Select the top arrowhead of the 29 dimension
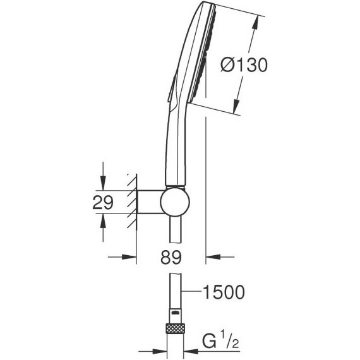102,184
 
